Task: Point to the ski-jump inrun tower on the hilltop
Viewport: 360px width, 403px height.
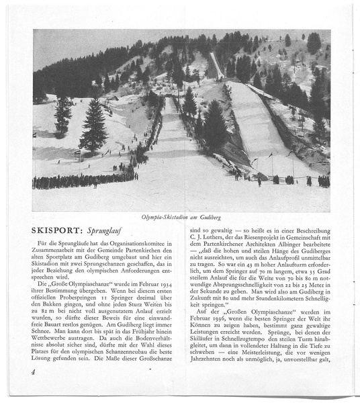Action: [x=215, y=64]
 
